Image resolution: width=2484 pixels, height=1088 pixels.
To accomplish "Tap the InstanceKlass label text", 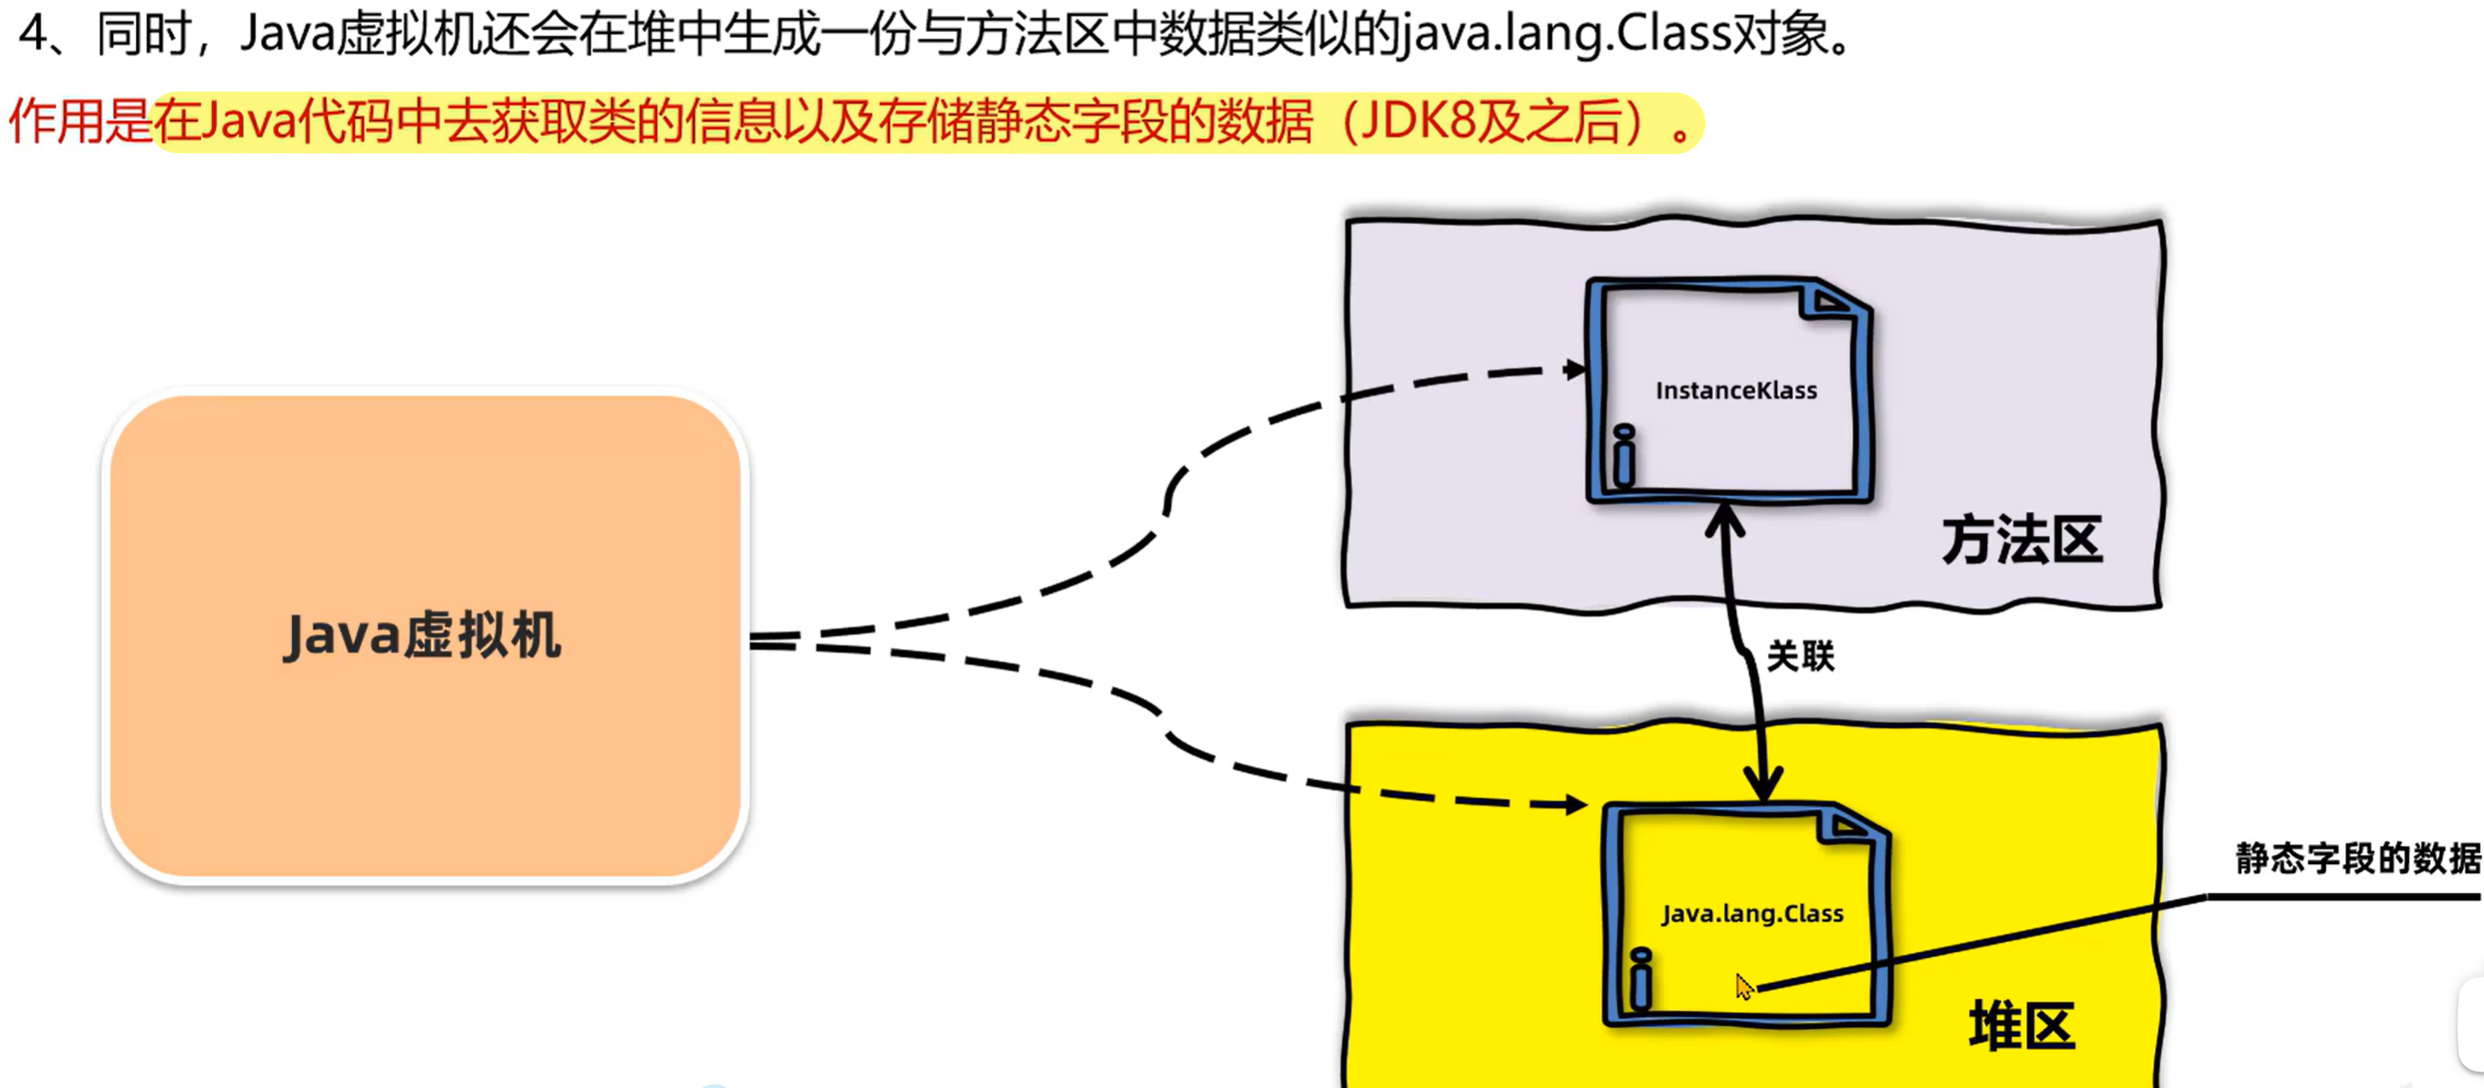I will (x=1736, y=391).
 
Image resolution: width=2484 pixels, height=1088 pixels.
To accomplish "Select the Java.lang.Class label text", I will (x=1752, y=913).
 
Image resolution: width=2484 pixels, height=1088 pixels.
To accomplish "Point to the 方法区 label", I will (x=2023, y=540).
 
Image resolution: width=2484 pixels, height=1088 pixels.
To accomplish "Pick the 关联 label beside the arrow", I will (x=1800, y=656).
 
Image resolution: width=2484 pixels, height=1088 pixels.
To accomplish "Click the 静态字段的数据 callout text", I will (x=2358, y=858).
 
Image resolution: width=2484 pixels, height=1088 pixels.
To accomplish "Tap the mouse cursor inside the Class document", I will (x=1743, y=986).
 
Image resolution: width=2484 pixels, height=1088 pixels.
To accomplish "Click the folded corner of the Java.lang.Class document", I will (x=1848, y=826).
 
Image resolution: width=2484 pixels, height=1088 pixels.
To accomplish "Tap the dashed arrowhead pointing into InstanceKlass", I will (x=1575, y=369).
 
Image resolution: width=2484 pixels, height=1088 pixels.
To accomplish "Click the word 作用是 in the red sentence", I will (x=80, y=122).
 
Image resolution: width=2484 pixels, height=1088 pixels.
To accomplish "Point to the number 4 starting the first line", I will (x=33, y=34).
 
